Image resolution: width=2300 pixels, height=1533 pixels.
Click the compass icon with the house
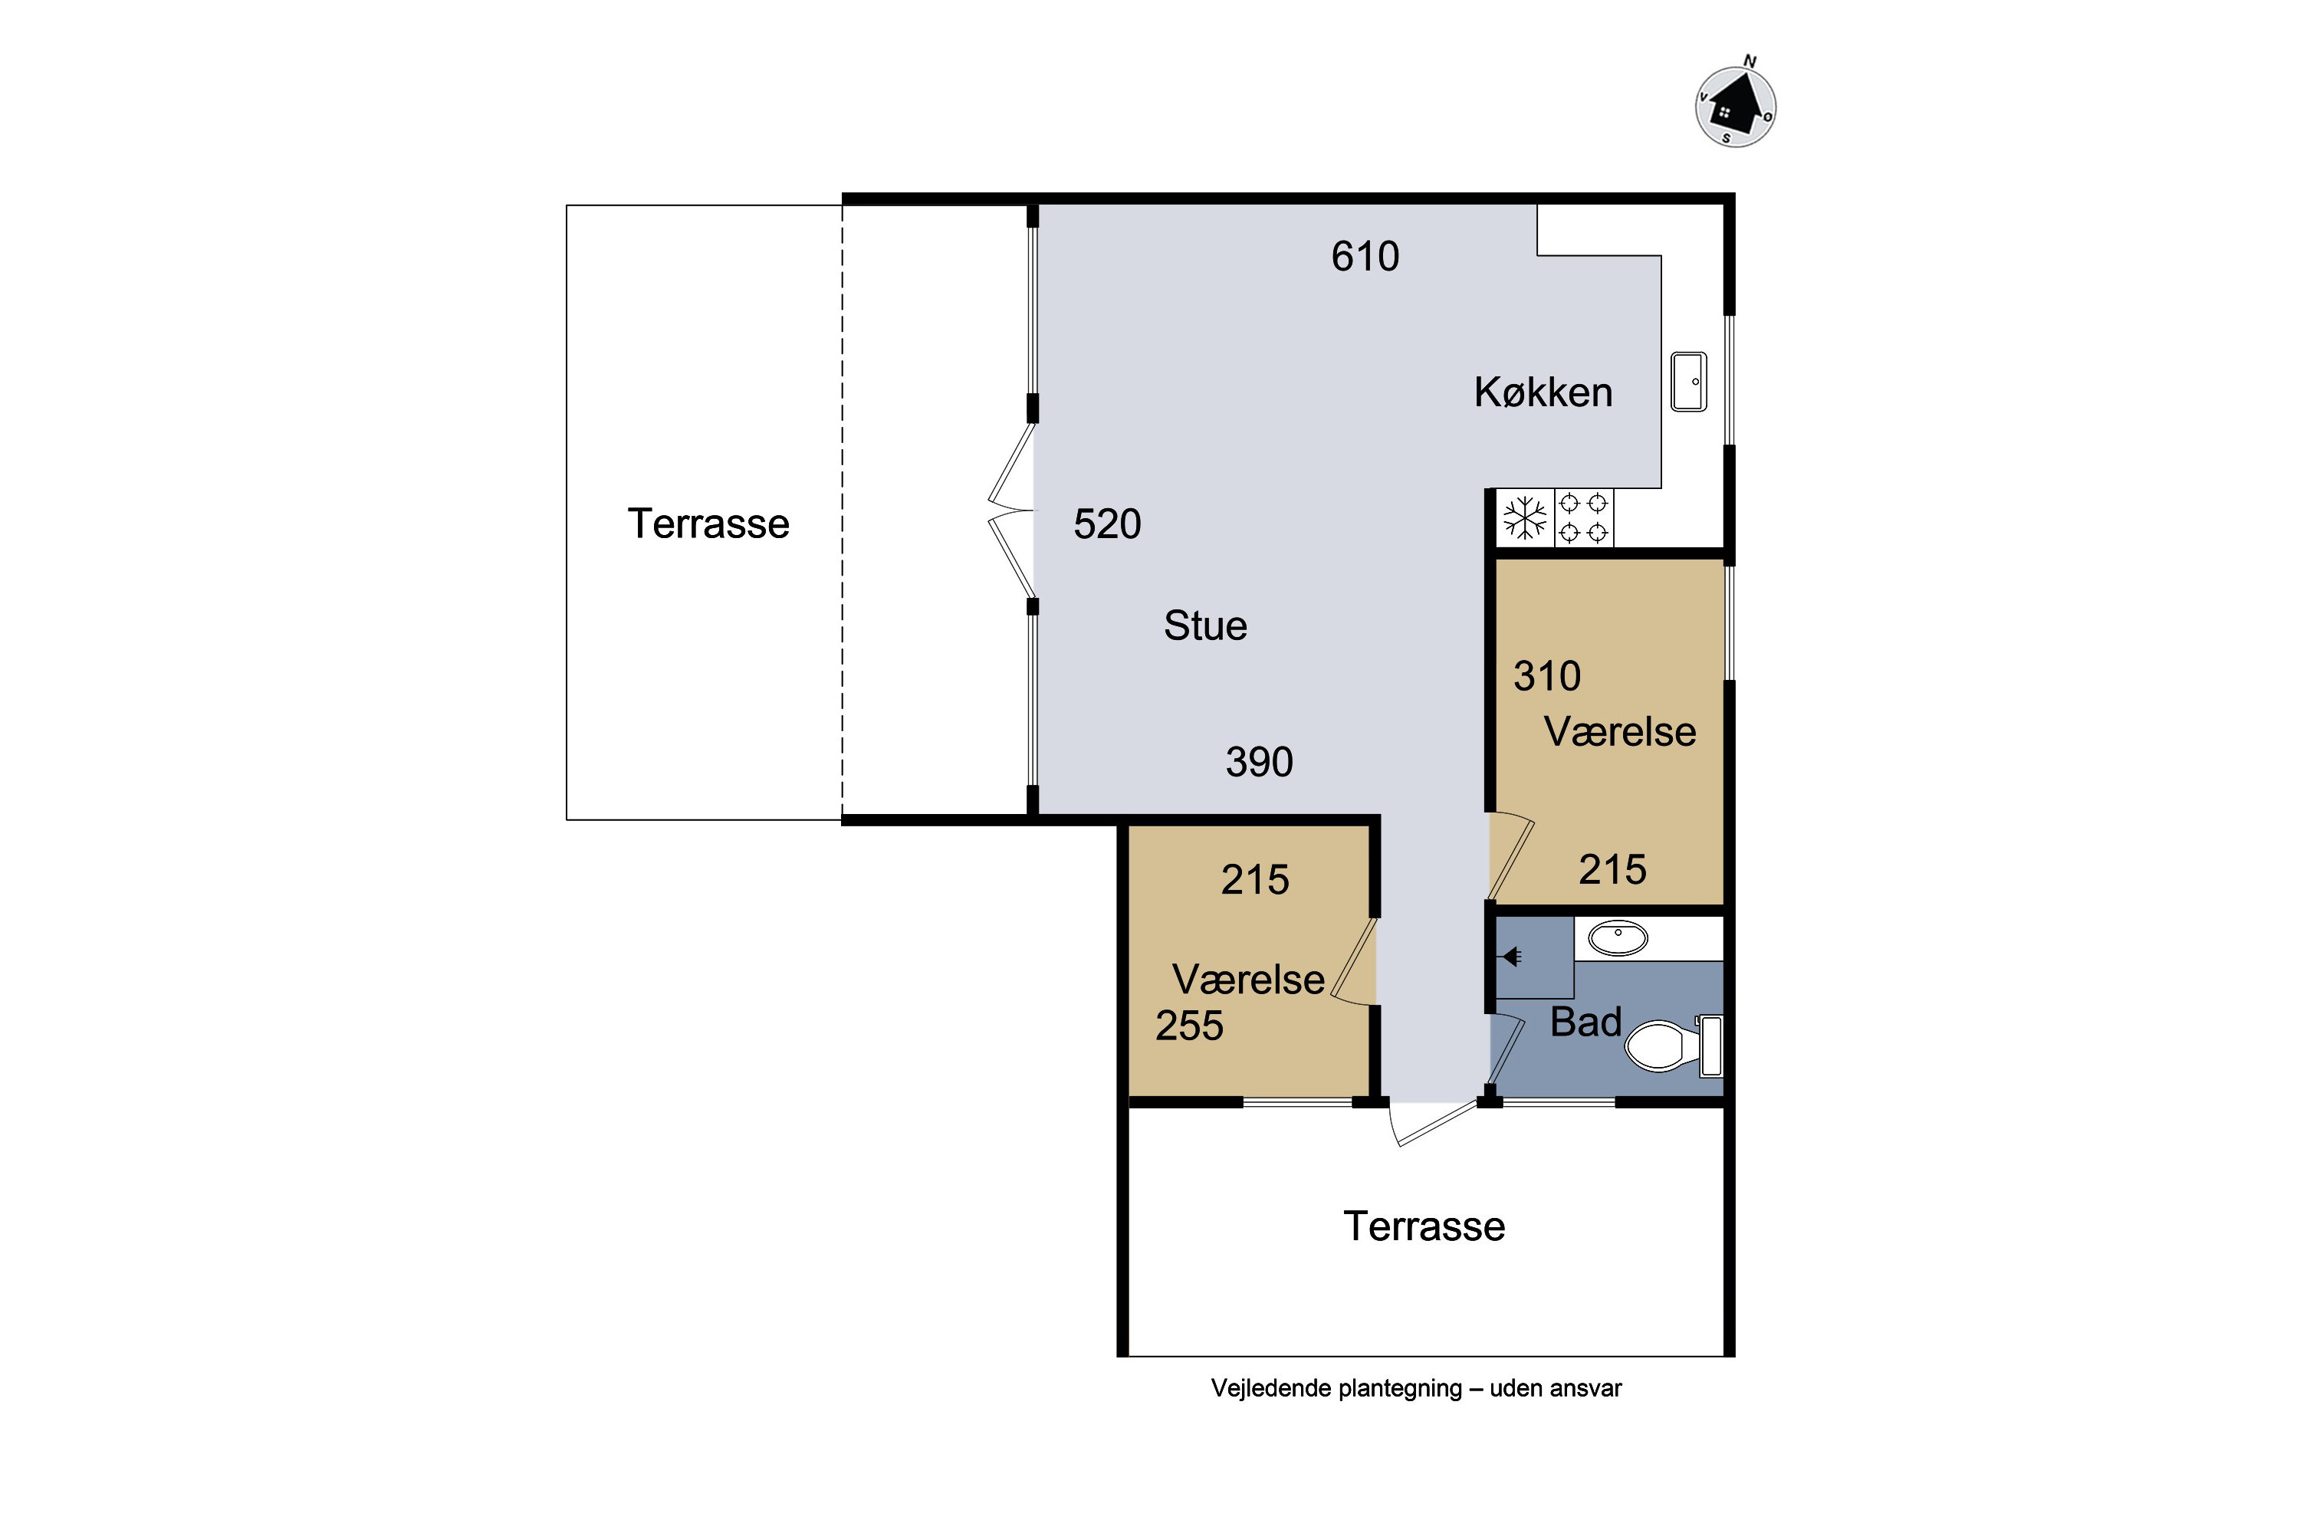pyautogui.click(x=1735, y=106)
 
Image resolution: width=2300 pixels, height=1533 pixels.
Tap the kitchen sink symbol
pyautogui.click(x=1689, y=381)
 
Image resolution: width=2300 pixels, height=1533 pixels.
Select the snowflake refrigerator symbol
pyautogui.click(x=1526, y=518)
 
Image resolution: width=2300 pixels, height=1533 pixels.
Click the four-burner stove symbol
pyautogui.click(x=1583, y=518)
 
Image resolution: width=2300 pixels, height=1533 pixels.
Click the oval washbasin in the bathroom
pyautogui.click(x=1618, y=938)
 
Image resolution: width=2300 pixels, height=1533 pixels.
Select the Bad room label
pyautogui.click(x=1586, y=1022)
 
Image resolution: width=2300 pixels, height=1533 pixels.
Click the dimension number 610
pyautogui.click(x=1365, y=256)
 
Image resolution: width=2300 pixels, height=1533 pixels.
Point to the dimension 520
pyautogui.click(x=1107, y=524)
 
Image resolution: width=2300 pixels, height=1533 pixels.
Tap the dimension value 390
pyautogui.click(x=1260, y=762)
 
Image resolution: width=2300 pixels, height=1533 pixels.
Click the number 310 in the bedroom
pyautogui.click(x=1547, y=675)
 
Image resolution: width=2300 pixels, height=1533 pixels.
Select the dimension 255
pyautogui.click(x=1189, y=1026)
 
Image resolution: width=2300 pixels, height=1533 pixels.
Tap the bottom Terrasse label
pyautogui.click(x=1424, y=1226)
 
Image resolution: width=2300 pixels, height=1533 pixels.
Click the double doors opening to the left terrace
pyautogui.click(x=1011, y=510)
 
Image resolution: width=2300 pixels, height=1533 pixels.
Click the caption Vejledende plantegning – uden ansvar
pyautogui.click(x=1416, y=1388)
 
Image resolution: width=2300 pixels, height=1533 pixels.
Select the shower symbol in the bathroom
pyautogui.click(x=1512, y=956)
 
